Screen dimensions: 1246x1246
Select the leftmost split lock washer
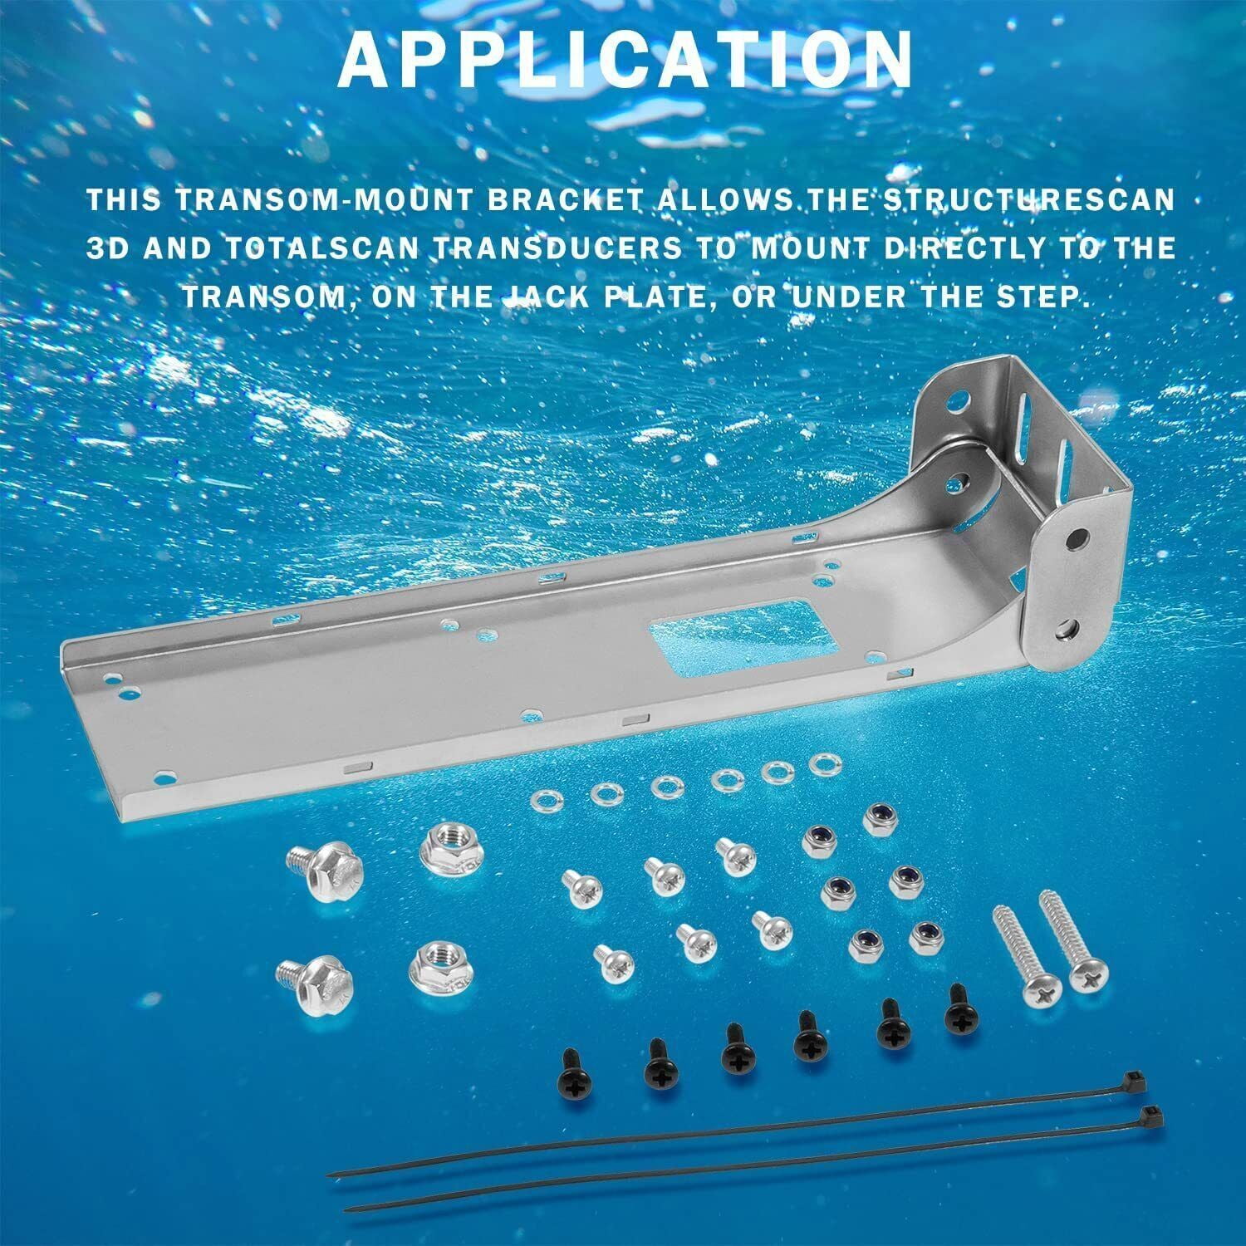coord(546,801)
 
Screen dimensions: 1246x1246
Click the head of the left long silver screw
coord(1037,990)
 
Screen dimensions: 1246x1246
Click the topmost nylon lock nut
coord(876,817)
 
